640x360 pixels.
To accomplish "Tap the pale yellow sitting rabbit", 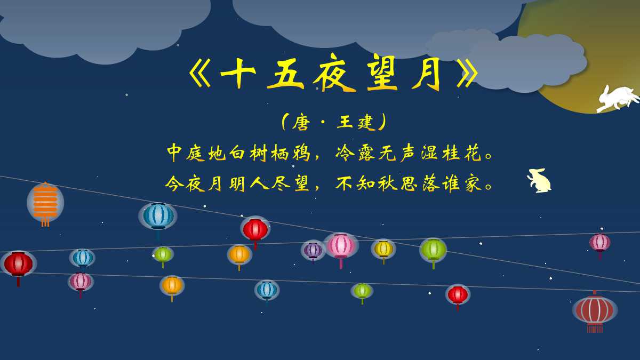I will coord(540,181).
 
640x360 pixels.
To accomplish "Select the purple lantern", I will coord(313,250).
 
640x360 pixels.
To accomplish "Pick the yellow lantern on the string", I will coord(383,249).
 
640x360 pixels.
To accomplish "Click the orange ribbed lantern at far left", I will coord(45,202).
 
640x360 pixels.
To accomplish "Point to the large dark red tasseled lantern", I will coord(595,310).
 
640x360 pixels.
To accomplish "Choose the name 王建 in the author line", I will coord(356,123).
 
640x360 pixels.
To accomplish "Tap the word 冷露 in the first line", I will coord(356,153).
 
